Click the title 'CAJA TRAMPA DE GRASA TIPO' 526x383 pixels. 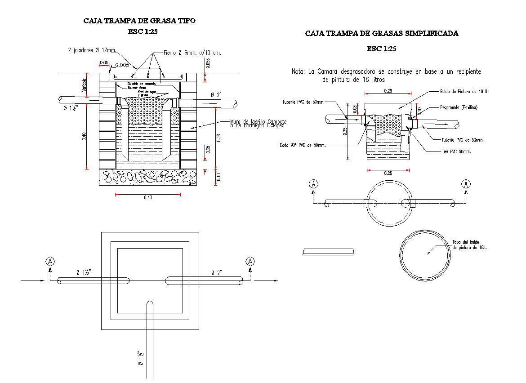pyautogui.click(x=139, y=21)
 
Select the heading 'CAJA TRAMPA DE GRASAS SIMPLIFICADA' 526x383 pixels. pyautogui.click(x=382, y=33)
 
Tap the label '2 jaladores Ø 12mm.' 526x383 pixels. pyautogui.click(x=92, y=50)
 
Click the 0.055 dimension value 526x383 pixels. pyautogui.click(x=208, y=64)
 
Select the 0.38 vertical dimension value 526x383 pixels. pyautogui.click(x=219, y=138)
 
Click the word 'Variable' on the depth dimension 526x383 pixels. pyautogui.click(x=84, y=85)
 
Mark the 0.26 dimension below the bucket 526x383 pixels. pyautogui.click(x=388, y=174)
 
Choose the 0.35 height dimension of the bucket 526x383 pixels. pyautogui.click(x=344, y=131)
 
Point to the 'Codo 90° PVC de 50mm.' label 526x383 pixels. pyautogui.click(x=302, y=145)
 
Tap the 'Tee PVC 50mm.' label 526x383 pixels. pyautogui.click(x=456, y=151)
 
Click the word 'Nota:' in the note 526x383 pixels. pyautogui.click(x=298, y=71)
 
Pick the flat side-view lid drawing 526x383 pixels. pyautogui.click(x=329, y=251)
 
